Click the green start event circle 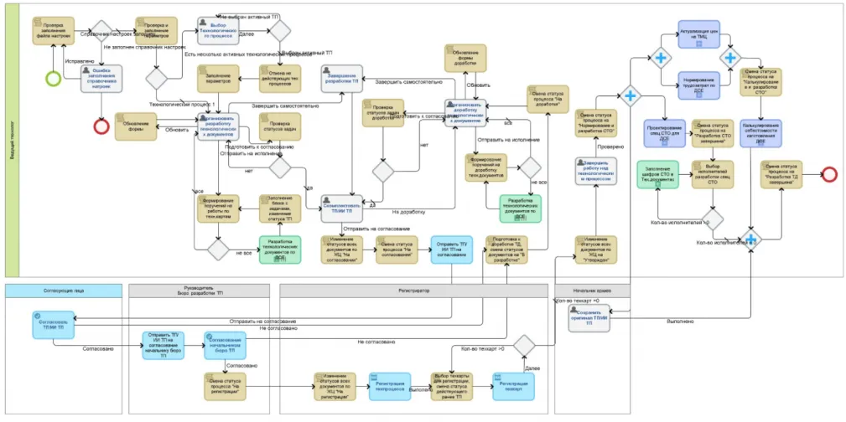[x=54, y=79]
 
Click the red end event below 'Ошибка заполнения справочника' [x=102, y=126]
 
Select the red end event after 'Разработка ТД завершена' [x=829, y=173]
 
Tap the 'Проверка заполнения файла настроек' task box [x=53, y=31]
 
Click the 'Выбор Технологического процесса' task [x=222, y=31]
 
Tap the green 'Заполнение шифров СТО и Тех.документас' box [x=659, y=173]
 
